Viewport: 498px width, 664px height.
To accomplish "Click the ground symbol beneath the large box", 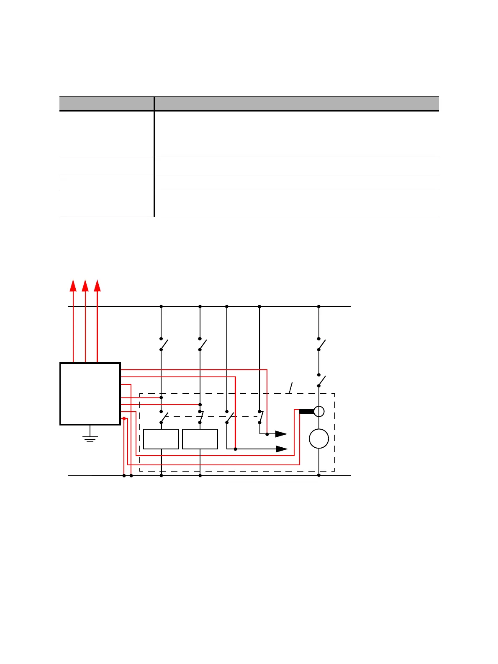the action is (90, 438).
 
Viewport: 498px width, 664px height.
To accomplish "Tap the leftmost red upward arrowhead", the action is (73, 285).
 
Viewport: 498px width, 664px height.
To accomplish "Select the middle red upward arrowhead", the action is (85, 285).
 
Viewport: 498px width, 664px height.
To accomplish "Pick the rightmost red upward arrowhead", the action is (98, 285).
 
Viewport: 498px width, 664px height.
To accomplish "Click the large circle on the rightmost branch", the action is (319, 439).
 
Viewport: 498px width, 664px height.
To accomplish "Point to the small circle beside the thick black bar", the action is (319, 412).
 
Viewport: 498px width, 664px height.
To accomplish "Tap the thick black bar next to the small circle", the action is (307, 412).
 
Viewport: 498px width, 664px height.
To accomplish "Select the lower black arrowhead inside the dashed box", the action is (282, 449).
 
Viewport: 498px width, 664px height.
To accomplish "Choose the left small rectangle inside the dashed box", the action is (161, 439).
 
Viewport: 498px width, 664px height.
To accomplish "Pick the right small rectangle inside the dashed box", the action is (200, 439).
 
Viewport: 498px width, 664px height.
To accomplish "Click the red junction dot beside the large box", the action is (124, 418).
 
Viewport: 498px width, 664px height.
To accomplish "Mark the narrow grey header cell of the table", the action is (107, 104).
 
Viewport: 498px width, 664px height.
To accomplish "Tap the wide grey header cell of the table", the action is (297, 104).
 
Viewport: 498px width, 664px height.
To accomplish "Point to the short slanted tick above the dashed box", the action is (290, 388).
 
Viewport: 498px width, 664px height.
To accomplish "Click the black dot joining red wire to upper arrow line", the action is (267, 434).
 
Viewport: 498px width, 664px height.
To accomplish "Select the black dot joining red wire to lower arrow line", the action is (236, 449).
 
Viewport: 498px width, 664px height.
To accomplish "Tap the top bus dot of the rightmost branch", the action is (319, 306).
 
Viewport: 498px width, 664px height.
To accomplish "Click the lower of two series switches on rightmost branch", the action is (321, 380).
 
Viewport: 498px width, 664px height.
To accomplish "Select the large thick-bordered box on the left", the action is (90, 394).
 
